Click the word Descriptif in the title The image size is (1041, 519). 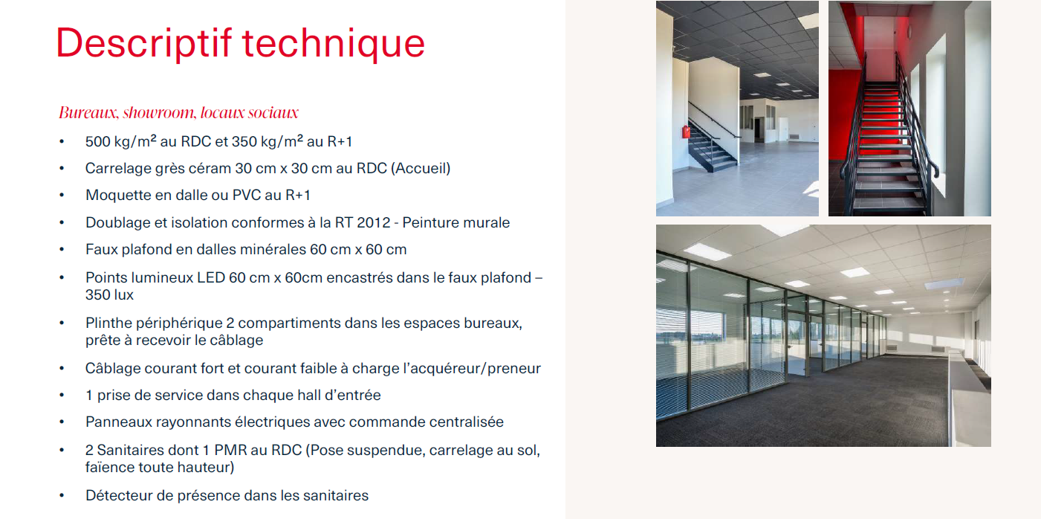pos(143,43)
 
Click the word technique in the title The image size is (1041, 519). pos(334,43)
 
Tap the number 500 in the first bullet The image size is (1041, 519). pos(97,141)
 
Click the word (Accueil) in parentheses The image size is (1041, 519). pos(421,168)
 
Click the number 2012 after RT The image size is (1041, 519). pos(374,223)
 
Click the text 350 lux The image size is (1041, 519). pos(110,295)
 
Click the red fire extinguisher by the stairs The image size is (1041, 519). pos(686,132)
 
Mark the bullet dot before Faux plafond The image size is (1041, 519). pos(62,250)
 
